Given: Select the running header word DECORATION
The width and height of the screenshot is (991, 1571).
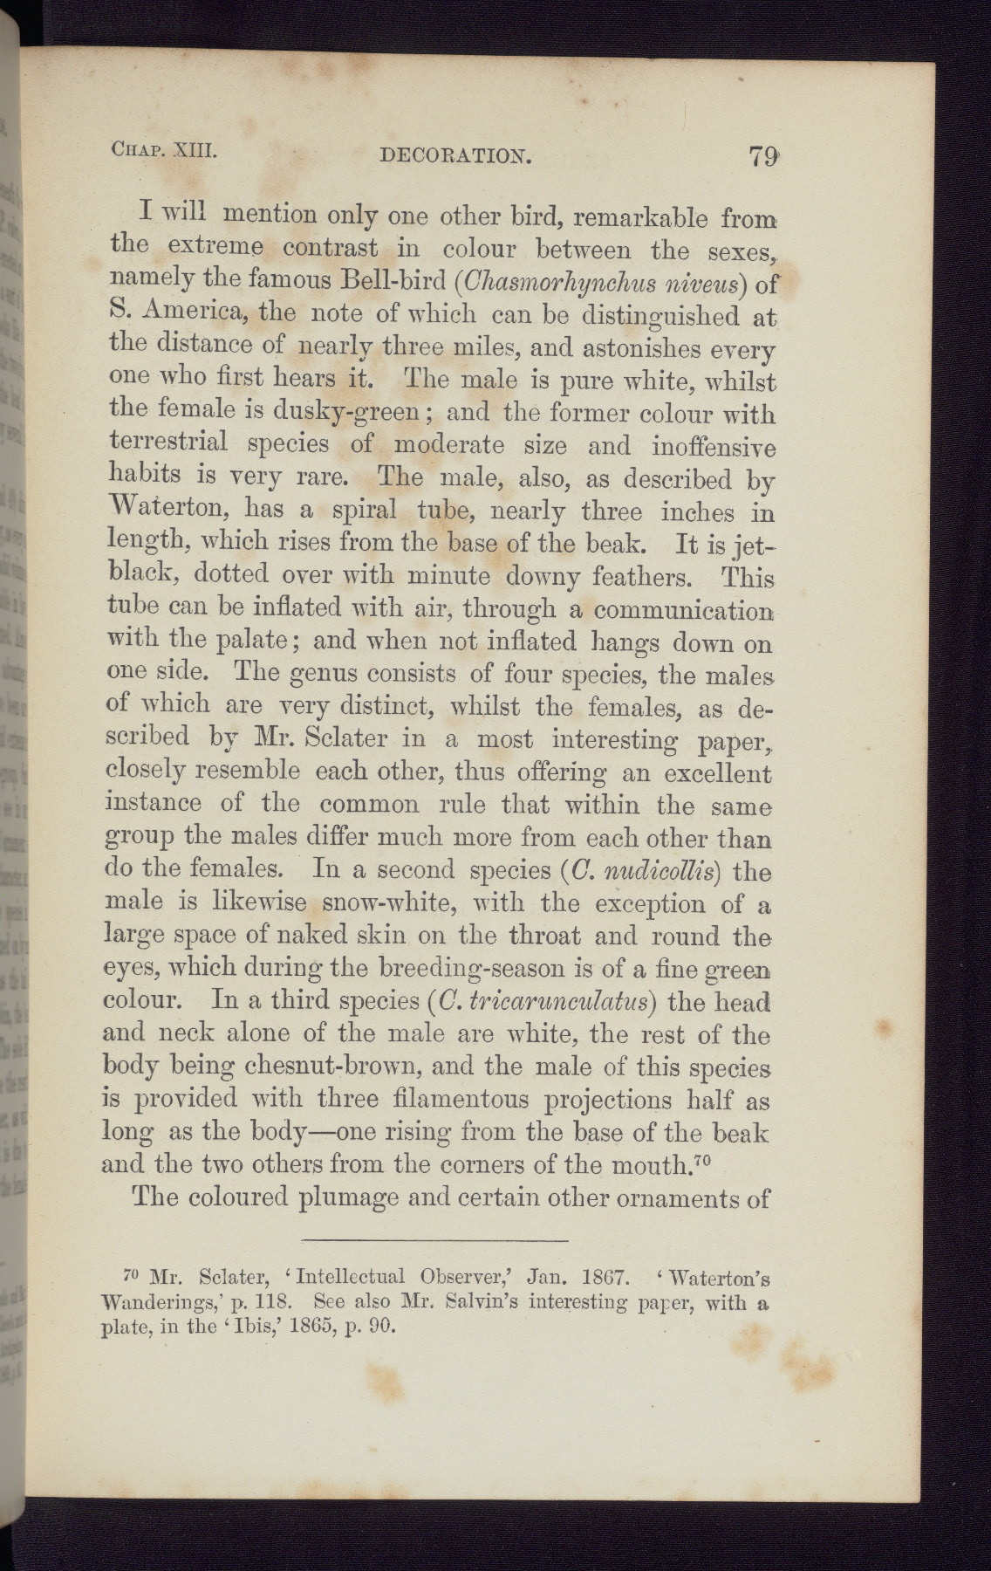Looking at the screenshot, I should pos(455,157).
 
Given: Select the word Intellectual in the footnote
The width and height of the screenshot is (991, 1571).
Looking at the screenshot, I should pos(350,1280).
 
